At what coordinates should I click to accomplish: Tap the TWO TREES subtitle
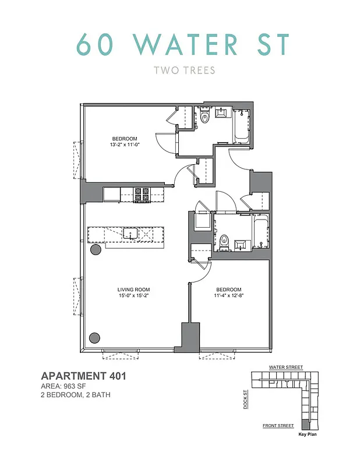click(184, 71)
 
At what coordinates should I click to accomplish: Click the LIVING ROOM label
click(133, 290)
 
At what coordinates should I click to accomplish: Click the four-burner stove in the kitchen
click(142, 194)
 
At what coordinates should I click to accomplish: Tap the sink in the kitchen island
click(130, 234)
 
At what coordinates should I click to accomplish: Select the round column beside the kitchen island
click(96, 250)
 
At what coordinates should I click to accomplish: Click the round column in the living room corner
click(94, 337)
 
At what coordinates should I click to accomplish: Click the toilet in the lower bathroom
click(224, 240)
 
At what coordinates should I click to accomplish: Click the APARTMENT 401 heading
click(83, 376)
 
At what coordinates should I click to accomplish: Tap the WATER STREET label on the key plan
click(285, 368)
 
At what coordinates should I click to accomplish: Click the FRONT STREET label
click(278, 426)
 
